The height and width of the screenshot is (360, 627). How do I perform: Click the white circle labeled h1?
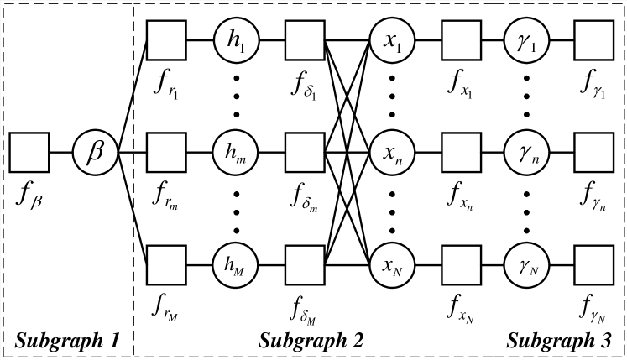(x=237, y=41)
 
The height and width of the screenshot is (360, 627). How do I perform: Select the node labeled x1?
(x=392, y=41)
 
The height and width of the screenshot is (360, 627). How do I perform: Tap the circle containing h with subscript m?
(x=235, y=153)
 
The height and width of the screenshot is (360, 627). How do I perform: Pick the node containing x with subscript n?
(x=392, y=153)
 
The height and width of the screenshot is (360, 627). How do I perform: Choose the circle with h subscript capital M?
(x=235, y=265)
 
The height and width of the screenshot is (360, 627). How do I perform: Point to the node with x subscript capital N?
(x=392, y=265)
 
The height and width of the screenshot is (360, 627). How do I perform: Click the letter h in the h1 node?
(x=233, y=39)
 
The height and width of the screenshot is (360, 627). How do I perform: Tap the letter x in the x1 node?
(x=389, y=41)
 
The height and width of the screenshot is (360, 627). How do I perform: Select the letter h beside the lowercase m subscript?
(x=230, y=151)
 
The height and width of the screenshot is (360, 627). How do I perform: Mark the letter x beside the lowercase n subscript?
(x=388, y=153)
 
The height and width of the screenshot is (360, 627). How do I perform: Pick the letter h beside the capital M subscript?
(x=228, y=263)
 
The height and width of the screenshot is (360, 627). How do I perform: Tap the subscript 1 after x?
(x=399, y=48)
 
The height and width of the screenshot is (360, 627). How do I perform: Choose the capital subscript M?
(x=240, y=271)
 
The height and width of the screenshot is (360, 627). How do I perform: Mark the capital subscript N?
(x=398, y=271)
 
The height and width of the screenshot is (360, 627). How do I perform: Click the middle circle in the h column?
(x=235, y=153)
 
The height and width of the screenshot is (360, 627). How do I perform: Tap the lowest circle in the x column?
(x=392, y=265)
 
